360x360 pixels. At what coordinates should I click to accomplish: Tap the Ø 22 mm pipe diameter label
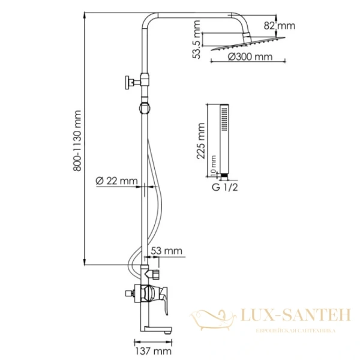[117, 181]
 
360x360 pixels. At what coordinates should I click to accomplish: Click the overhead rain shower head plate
[243, 46]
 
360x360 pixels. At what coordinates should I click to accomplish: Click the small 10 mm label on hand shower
[214, 173]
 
